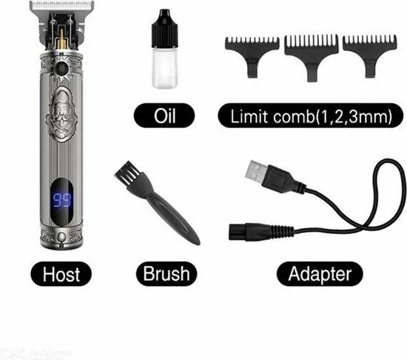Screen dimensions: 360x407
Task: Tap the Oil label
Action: point(164,116)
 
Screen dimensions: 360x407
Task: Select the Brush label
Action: point(166,274)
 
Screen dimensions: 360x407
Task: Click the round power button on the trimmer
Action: point(53,70)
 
